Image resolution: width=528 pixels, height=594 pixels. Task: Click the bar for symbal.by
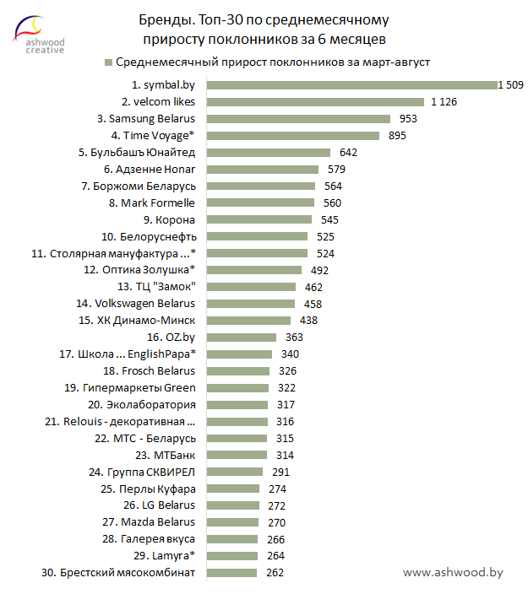351,84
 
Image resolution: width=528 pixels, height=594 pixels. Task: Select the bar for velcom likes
317,101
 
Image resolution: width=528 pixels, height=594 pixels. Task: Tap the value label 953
408,118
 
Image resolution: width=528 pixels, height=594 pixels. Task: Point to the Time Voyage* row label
153,135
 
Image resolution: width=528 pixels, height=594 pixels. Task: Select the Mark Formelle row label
158,202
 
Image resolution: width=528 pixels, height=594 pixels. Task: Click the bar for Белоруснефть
258,236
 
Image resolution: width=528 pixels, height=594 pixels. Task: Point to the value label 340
291,354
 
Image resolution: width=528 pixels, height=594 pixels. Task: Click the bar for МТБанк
237,455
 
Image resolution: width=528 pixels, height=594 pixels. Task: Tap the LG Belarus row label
159,505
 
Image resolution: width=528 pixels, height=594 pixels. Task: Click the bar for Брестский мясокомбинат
232,573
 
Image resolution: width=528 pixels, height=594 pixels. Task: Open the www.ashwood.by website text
453,572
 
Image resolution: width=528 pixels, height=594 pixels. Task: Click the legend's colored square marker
107,62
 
